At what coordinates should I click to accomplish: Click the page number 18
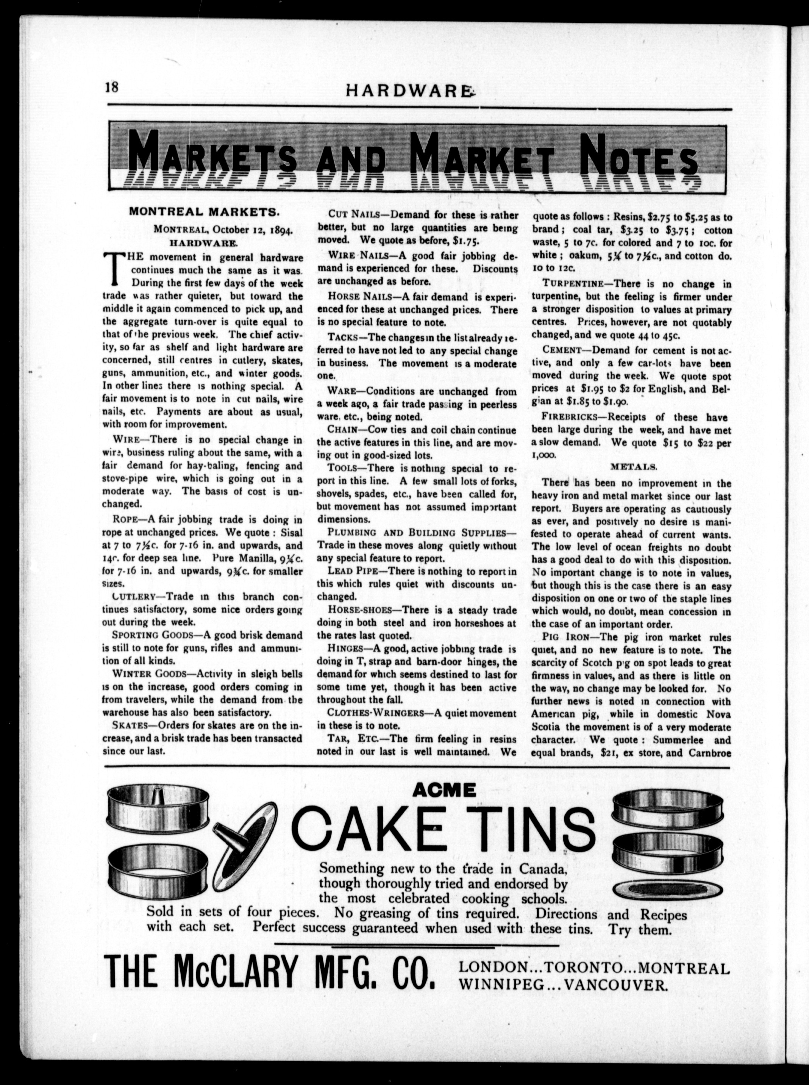pyautogui.click(x=111, y=87)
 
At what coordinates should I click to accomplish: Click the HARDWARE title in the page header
pyautogui.click(x=411, y=90)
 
